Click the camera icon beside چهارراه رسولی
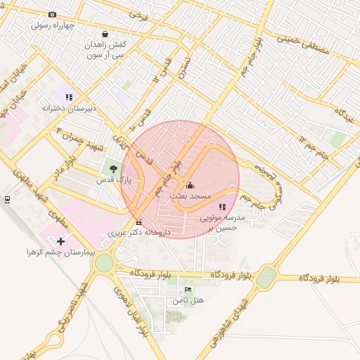(52, 14)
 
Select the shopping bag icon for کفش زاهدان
(105, 34)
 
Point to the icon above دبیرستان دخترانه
(69, 97)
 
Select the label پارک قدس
(115, 180)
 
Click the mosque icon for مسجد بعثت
(190, 186)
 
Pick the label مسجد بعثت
(190, 198)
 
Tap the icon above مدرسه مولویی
(222, 207)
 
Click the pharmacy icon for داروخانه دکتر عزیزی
(139, 222)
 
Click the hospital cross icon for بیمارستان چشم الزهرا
(60, 241)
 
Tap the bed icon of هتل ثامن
(188, 289)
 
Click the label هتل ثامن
(188, 300)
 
